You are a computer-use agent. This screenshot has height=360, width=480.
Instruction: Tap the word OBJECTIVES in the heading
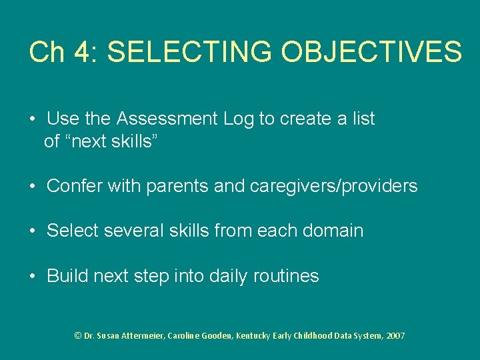coord(371,52)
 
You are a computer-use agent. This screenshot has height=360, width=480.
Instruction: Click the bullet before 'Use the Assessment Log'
coord(32,119)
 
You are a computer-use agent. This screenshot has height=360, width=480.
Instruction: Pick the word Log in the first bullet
coord(239,119)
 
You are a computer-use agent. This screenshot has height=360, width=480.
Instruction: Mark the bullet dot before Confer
coord(32,187)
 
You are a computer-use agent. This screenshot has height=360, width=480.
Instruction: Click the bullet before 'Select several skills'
coord(32,231)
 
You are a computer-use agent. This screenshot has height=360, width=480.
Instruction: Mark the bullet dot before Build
coord(32,276)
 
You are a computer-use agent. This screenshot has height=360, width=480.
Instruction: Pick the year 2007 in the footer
coord(395,336)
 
